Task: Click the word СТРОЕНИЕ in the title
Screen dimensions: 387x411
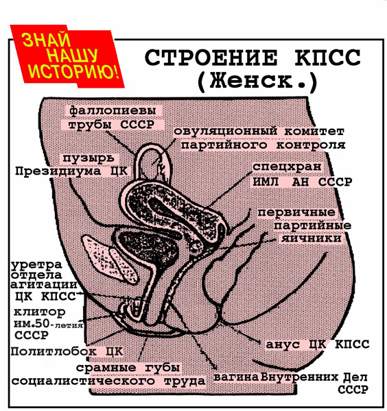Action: coord(211,58)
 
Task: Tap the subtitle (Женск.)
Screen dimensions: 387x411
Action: coord(257,81)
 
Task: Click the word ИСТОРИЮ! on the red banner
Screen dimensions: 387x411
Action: coord(74,71)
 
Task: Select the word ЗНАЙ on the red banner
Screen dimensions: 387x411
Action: coord(47,40)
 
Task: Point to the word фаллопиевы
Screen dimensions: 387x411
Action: coord(113,110)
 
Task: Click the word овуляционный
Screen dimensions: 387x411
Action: coord(226,131)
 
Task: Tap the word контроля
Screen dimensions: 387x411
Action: coord(311,145)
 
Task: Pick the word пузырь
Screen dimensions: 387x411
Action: coord(89,158)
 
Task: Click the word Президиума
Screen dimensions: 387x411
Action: coord(58,171)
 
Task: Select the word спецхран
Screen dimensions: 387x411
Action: coord(287,166)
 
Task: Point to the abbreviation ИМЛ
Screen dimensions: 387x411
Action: coord(265,182)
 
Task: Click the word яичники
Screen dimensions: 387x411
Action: coord(312,239)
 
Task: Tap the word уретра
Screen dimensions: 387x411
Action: coord(36,265)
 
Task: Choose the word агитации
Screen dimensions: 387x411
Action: coord(44,285)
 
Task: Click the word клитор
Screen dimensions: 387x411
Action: coord(39,312)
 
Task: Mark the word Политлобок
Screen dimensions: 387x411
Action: coord(54,351)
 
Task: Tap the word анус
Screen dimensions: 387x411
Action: coord(283,345)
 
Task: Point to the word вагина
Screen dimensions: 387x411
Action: coord(236,377)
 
